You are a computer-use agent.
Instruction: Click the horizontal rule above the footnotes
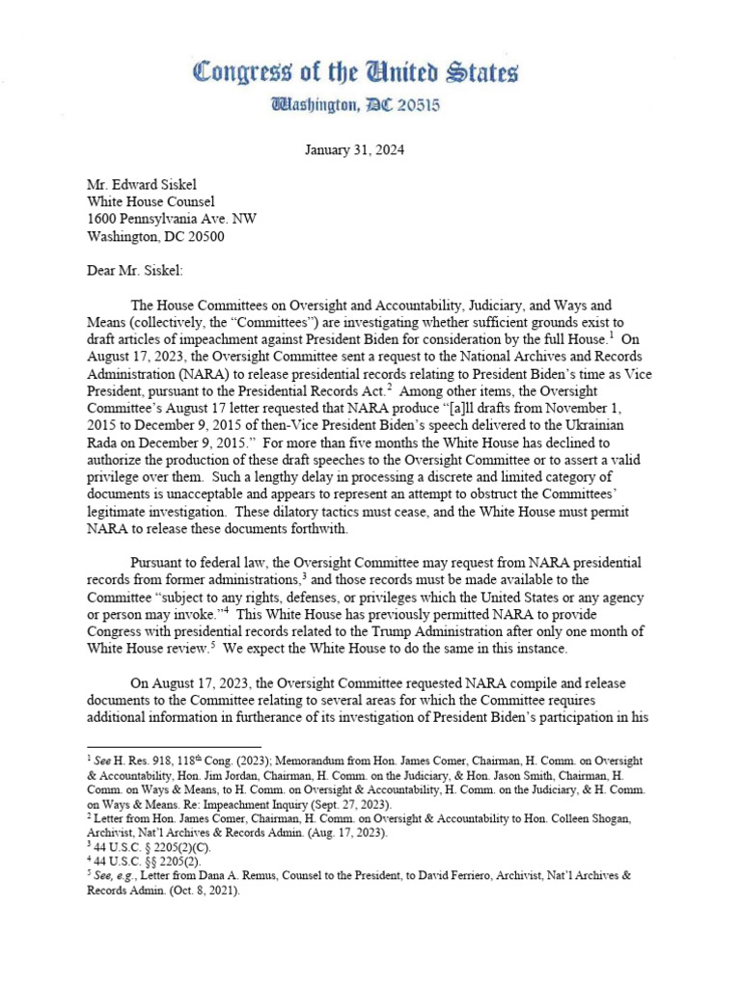(174, 746)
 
